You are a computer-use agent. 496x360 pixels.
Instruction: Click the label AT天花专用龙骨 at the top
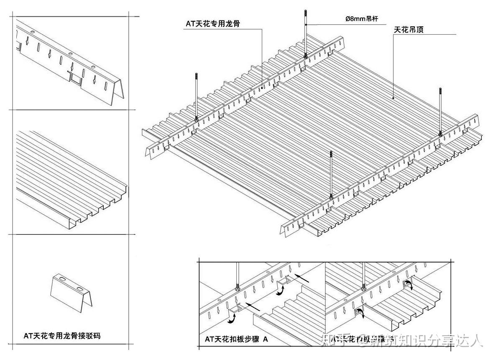point(213,24)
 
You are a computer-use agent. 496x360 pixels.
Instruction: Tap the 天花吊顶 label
point(409,30)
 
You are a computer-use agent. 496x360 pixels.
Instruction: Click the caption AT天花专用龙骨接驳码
point(62,336)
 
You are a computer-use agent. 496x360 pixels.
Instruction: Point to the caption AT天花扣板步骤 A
point(236,339)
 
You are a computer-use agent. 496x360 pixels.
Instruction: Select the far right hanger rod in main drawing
point(440,111)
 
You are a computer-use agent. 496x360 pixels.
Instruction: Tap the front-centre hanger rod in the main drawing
point(331,174)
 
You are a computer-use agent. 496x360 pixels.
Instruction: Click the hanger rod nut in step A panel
point(238,288)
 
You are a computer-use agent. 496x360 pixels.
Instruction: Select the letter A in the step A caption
point(265,339)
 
